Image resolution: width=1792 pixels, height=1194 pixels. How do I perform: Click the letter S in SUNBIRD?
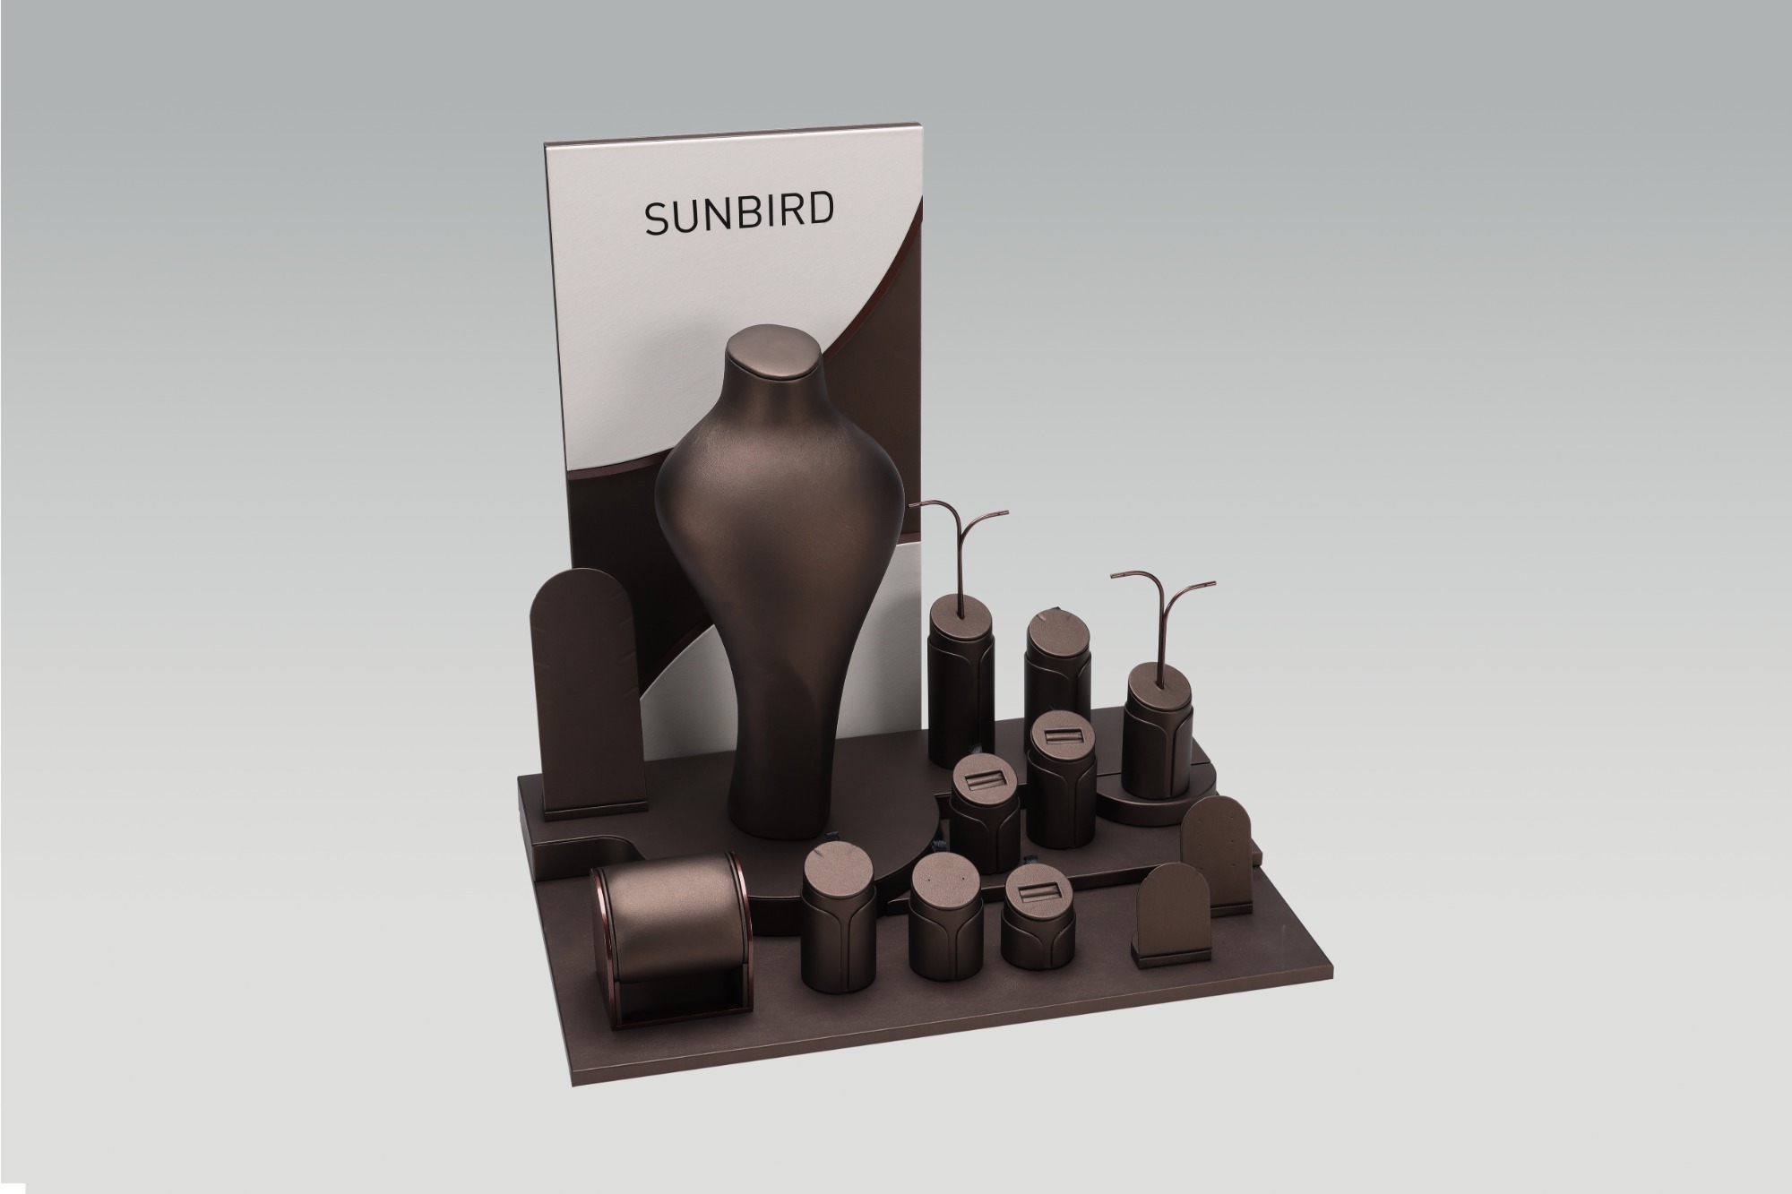(657, 217)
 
